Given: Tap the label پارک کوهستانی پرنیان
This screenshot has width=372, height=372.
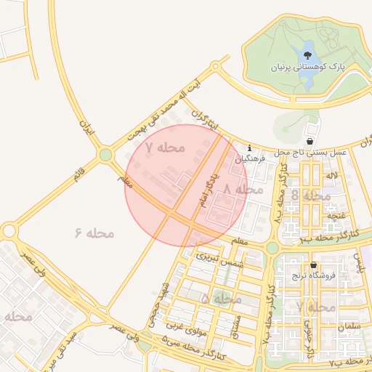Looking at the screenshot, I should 307,67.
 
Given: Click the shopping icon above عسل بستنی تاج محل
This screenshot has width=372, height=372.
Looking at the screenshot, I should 311,140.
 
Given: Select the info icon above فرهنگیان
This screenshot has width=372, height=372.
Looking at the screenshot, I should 249,147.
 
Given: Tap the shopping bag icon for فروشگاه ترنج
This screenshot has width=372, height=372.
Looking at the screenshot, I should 313,265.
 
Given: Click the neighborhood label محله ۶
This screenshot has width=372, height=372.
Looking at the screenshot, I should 94,232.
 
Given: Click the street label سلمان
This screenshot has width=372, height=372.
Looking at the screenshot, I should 350,326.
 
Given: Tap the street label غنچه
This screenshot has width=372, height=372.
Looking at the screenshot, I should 336,215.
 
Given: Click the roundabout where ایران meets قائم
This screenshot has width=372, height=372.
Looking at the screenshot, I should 106,154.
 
